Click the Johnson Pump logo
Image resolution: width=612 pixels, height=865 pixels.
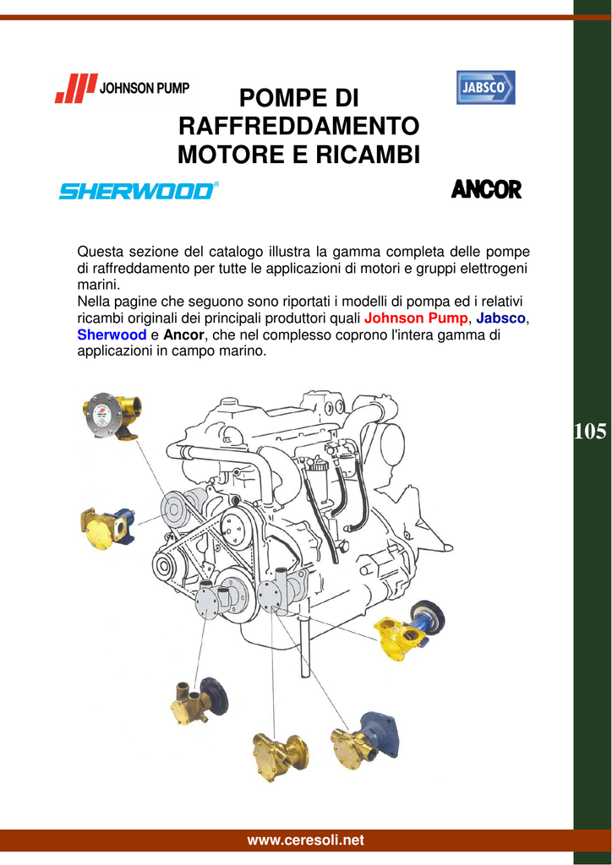[123, 88]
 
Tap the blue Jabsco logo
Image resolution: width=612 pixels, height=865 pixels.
[485, 87]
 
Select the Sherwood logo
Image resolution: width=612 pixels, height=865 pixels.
[139, 191]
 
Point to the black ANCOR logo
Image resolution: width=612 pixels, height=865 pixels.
[486, 190]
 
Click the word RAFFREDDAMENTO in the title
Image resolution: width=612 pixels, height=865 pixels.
[299, 127]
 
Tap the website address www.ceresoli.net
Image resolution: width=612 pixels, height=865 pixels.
[306, 841]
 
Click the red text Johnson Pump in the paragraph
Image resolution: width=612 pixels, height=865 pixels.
[416, 318]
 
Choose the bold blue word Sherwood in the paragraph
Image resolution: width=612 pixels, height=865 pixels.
[112, 335]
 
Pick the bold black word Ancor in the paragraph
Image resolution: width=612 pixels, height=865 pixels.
[183, 335]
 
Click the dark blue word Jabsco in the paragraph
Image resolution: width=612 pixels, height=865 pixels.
[500, 318]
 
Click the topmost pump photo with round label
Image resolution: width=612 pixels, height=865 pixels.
[111, 416]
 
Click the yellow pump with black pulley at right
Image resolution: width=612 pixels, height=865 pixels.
[409, 628]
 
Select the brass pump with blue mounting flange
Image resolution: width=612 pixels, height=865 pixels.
[365, 738]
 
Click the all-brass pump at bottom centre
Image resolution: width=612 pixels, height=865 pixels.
[281, 757]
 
